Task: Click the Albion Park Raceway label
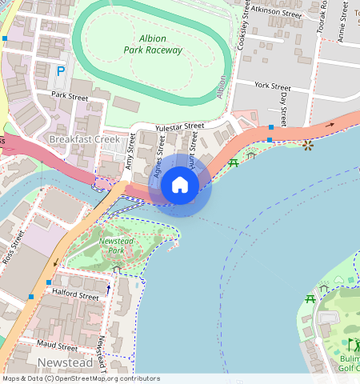[x=153, y=44]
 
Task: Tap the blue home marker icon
[x=180, y=185]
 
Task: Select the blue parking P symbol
[x=61, y=72]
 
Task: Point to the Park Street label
[x=68, y=94]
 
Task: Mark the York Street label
[x=272, y=86]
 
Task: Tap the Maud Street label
[x=58, y=347]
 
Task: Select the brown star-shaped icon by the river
[x=308, y=145]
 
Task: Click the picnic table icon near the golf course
[x=310, y=299]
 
